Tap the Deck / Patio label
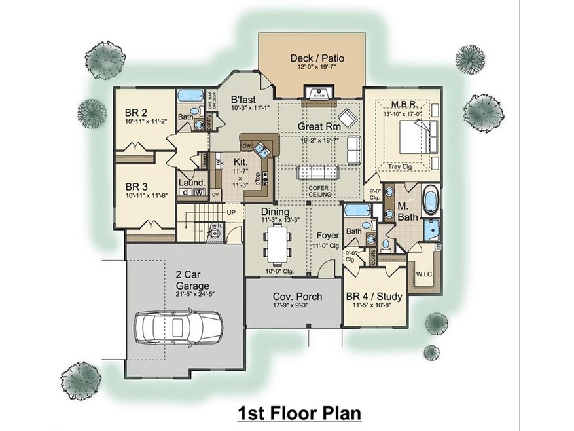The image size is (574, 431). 317,58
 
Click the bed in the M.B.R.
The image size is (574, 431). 413,138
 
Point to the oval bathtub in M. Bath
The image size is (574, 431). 431,200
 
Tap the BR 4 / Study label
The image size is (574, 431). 374,295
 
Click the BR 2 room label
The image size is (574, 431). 136,111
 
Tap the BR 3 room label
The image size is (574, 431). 136,185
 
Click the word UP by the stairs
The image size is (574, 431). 231,213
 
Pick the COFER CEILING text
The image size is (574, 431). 320,191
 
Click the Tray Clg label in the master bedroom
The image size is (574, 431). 399,166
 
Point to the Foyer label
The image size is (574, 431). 327,235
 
